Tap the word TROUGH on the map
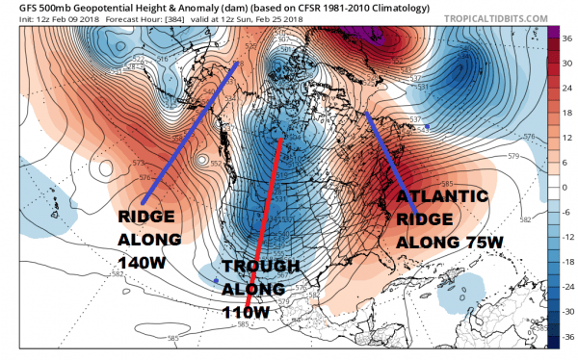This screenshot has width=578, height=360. (253, 266)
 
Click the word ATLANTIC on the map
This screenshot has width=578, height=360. (442, 197)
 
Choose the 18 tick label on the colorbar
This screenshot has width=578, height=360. (567, 112)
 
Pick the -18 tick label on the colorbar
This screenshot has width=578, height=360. (567, 261)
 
